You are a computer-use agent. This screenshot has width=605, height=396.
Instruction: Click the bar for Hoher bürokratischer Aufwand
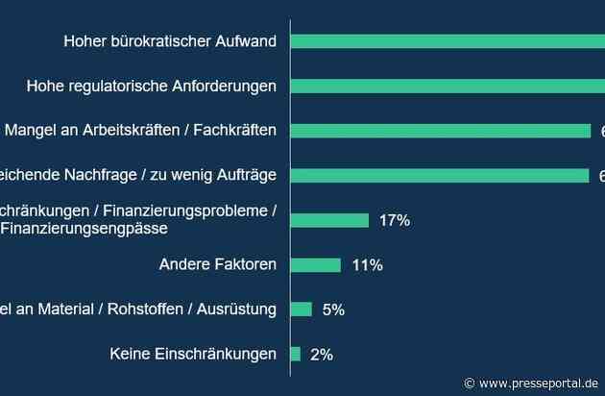tap(447, 41)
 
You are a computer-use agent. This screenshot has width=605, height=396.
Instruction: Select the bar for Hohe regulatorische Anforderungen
tap(447, 86)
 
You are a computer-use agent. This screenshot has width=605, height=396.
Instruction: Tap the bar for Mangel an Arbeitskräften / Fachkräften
tap(440, 131)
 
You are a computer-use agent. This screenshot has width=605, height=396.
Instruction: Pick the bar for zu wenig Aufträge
tap(439, 175)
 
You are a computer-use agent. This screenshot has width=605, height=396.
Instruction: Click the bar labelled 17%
tap(329, 220)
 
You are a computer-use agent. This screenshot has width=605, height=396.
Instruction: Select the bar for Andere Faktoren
tap(315, 264)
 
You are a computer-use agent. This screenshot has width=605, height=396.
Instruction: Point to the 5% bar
tap(301, 309)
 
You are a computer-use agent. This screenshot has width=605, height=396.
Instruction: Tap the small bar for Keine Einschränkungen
tap(295, 354)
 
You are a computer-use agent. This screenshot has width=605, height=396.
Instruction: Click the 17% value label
tap(394, 220)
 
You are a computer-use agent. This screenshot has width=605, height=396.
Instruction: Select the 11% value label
tap(367, 264)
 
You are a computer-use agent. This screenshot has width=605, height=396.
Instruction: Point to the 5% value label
tap(333, 309)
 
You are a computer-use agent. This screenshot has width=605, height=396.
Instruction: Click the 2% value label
tap(322, 354)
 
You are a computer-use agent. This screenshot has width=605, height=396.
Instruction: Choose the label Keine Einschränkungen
tap(193, 354)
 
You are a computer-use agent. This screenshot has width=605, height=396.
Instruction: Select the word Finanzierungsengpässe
tap(84, 229)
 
